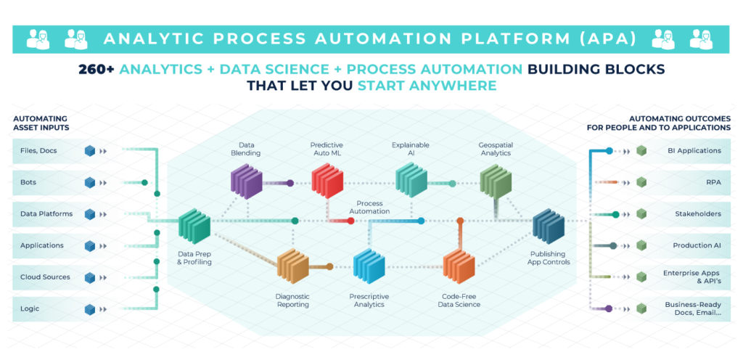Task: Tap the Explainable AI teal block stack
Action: [411, 179]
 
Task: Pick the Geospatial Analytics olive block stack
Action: [496, 179]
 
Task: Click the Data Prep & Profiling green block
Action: [194, 226]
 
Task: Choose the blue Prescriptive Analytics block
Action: [369, 266]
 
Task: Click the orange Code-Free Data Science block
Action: [459, 266]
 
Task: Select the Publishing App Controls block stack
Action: [549, 227]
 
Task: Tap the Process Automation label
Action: [370, 207]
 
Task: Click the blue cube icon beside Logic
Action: [90, 309]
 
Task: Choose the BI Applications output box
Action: [675, 151]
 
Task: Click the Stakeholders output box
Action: [675, 214]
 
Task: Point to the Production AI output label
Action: [694, 246]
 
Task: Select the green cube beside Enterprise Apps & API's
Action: [641, 277]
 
